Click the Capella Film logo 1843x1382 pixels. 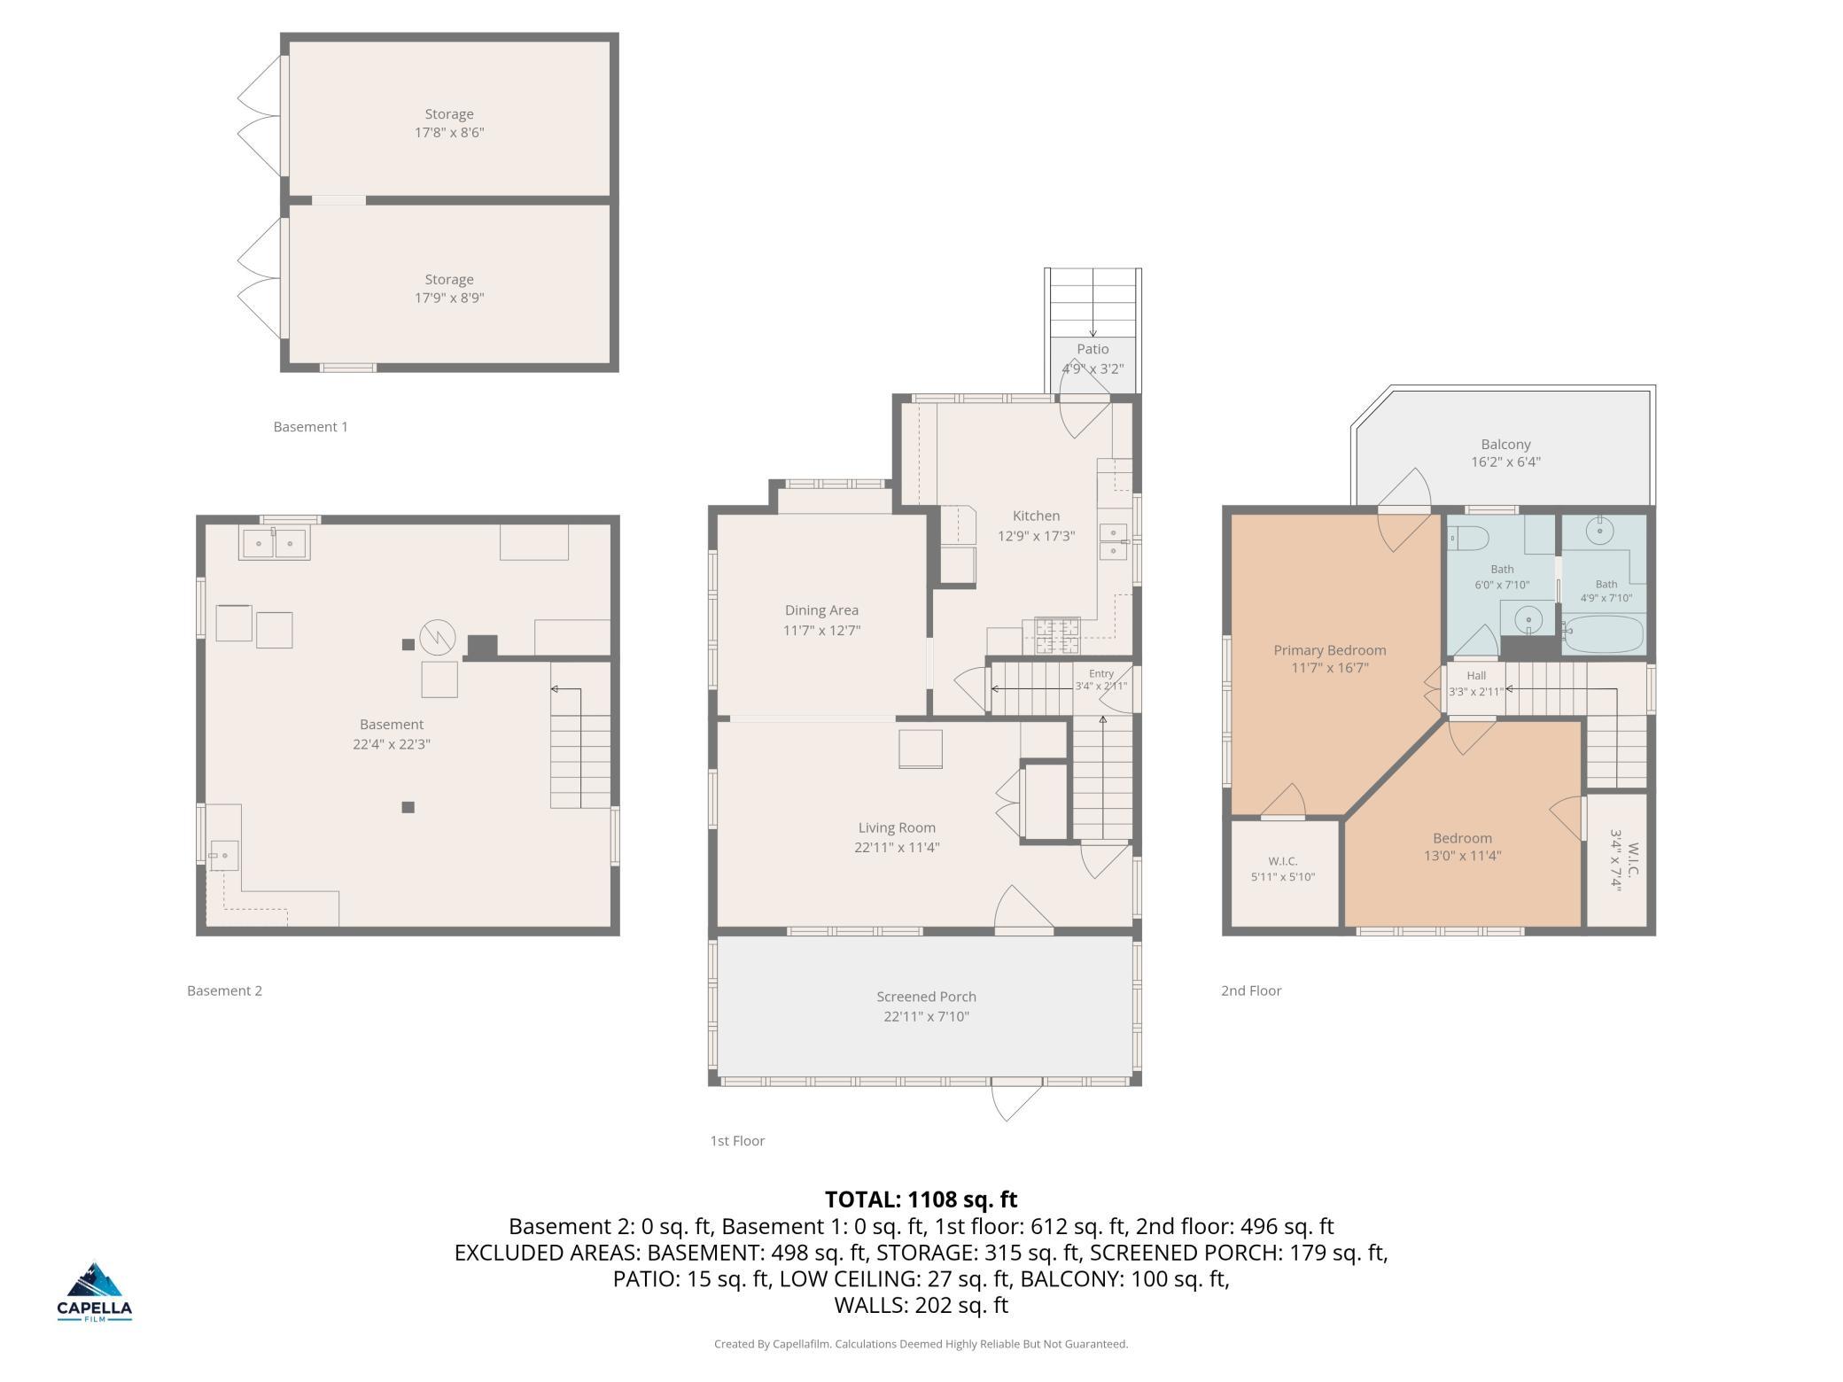point(95,1291)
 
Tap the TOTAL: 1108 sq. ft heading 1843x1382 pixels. point(921,1200)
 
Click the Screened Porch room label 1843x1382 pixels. point(926,997)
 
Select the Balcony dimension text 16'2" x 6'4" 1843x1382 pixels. point(1505,462)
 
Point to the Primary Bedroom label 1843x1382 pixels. point(1330,650)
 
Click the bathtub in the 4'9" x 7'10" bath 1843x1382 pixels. point(1603,634)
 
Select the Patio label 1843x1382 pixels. point(1093,349)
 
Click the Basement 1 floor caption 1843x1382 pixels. point(310,427)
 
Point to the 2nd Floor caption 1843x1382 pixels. point(1251,990)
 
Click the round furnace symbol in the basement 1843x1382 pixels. point(437,636)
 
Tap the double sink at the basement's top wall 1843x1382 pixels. point(273,542)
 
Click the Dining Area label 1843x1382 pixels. point(821,610)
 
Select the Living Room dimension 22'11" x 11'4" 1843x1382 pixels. point(897,847)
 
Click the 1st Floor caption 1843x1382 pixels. point(737,1141)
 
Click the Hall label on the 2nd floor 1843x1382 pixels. point(1476,676)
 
